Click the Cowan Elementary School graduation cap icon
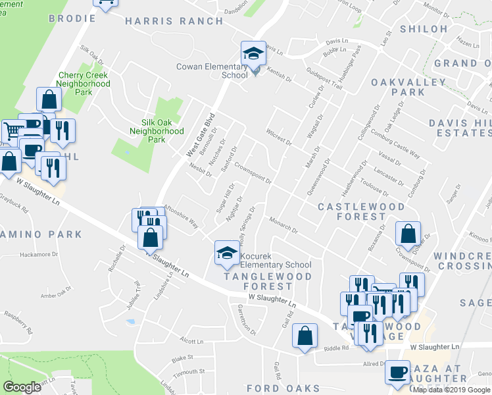(252, 54)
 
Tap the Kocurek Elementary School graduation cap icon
(226, 253)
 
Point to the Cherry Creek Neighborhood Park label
(84, 84)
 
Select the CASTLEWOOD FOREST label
(361, 211)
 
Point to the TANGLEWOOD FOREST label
(266, 281)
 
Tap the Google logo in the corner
(22, 387)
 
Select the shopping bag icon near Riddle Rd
(305, 336)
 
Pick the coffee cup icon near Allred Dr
(397, 373)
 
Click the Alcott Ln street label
(192, 341)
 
